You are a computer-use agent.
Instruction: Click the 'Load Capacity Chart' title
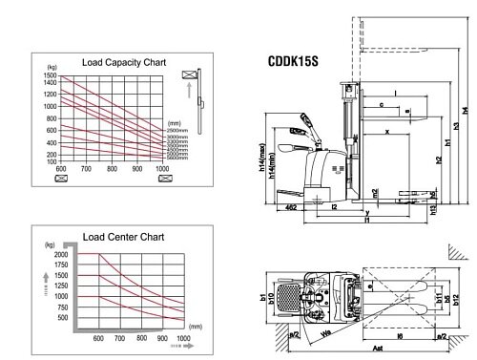(124, 62)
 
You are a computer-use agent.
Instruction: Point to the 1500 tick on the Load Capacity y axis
(51, 74)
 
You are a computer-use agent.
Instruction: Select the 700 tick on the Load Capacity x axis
(86, 169)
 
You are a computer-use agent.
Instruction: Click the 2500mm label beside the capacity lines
(177, 130)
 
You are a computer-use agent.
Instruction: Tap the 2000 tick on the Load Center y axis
(61, 255)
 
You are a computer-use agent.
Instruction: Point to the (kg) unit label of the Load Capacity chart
(51, 67)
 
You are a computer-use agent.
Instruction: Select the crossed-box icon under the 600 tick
(61, 178)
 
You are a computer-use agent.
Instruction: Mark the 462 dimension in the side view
(290, 204)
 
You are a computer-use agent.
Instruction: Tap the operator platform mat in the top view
(287, 297)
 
